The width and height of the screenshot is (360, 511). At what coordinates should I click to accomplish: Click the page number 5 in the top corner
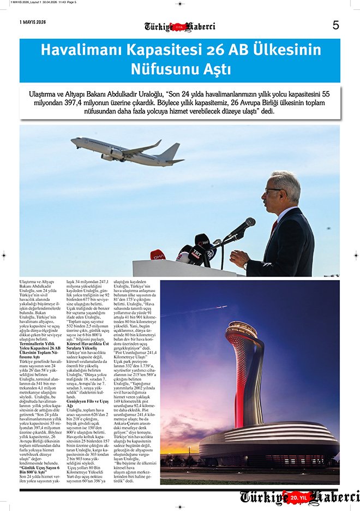point(335,25)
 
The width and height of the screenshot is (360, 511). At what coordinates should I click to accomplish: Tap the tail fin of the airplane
point(171,151)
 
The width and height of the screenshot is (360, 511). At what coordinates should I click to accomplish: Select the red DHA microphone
point(158,254)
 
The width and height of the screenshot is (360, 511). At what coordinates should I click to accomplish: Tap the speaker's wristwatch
point(245,266)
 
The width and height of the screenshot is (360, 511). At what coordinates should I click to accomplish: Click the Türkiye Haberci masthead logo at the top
point(180,26)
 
